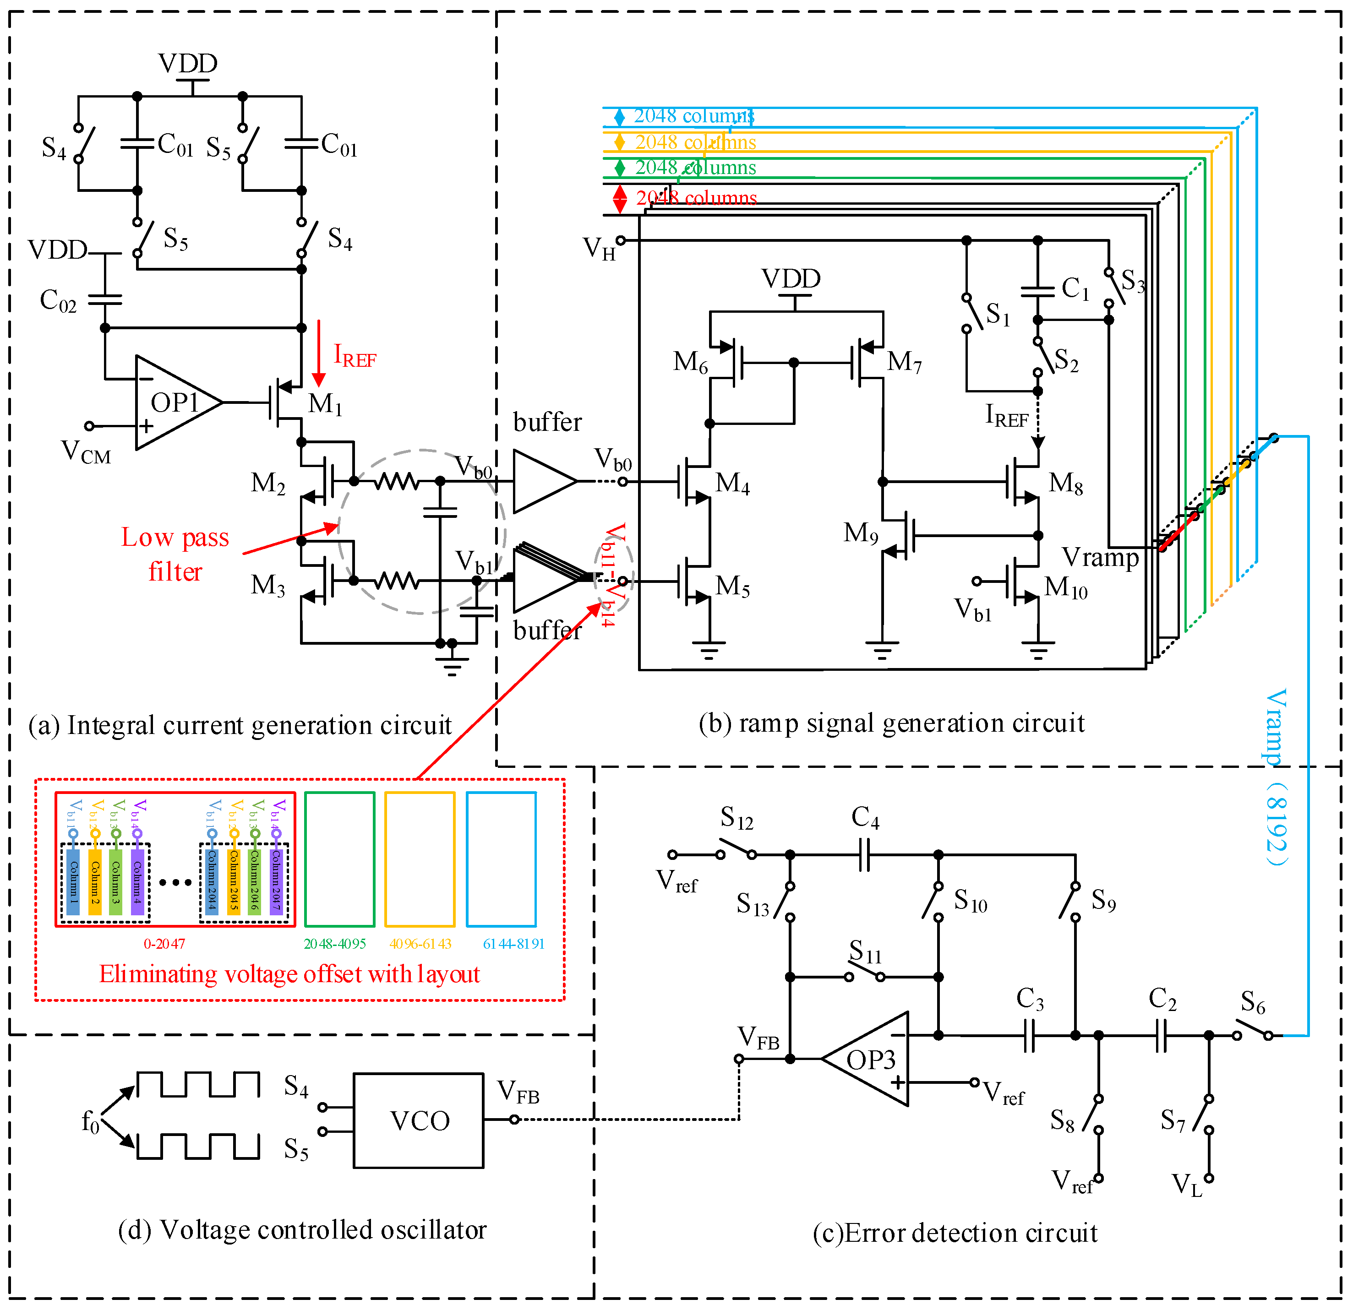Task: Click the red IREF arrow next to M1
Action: coord(318,353)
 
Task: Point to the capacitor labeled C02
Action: coord(105,299)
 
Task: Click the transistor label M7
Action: coord(904,361)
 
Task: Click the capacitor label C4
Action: coord(865,818)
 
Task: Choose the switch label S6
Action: coord(1253,1002)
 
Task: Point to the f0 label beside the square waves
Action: coord(90,1121)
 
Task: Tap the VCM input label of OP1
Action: coord(86,452)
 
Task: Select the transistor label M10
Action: coord(1065,588)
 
